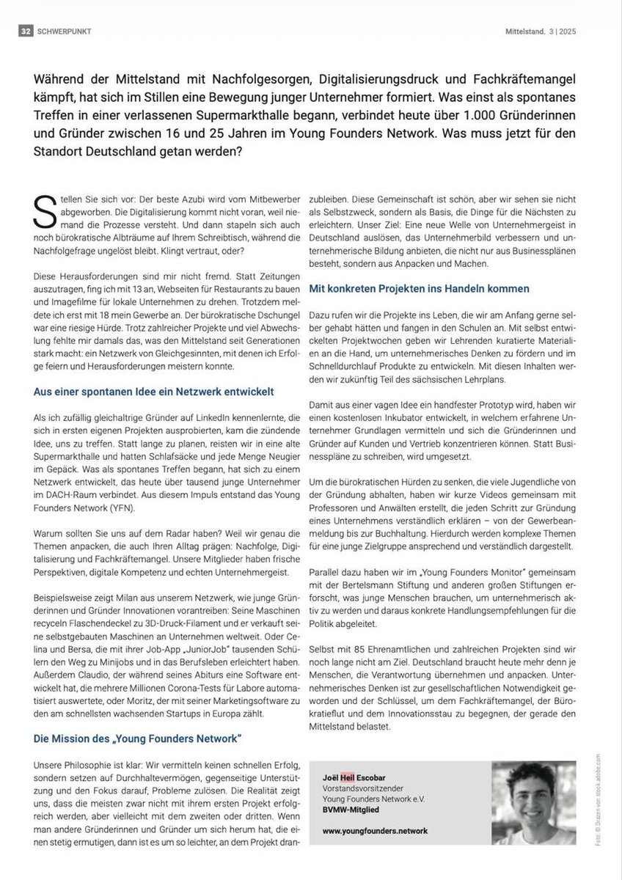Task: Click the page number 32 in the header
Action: click(26, 31)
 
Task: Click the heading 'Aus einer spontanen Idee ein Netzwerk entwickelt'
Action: click(154, 393)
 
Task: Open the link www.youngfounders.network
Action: click(375, 830)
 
